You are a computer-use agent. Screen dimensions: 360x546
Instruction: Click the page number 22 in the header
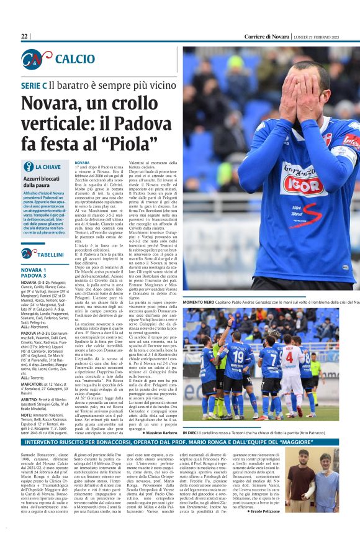[24, 37]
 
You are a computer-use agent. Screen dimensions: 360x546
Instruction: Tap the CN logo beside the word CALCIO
[35, 59]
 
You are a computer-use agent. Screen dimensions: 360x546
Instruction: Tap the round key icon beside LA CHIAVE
[28, 166]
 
